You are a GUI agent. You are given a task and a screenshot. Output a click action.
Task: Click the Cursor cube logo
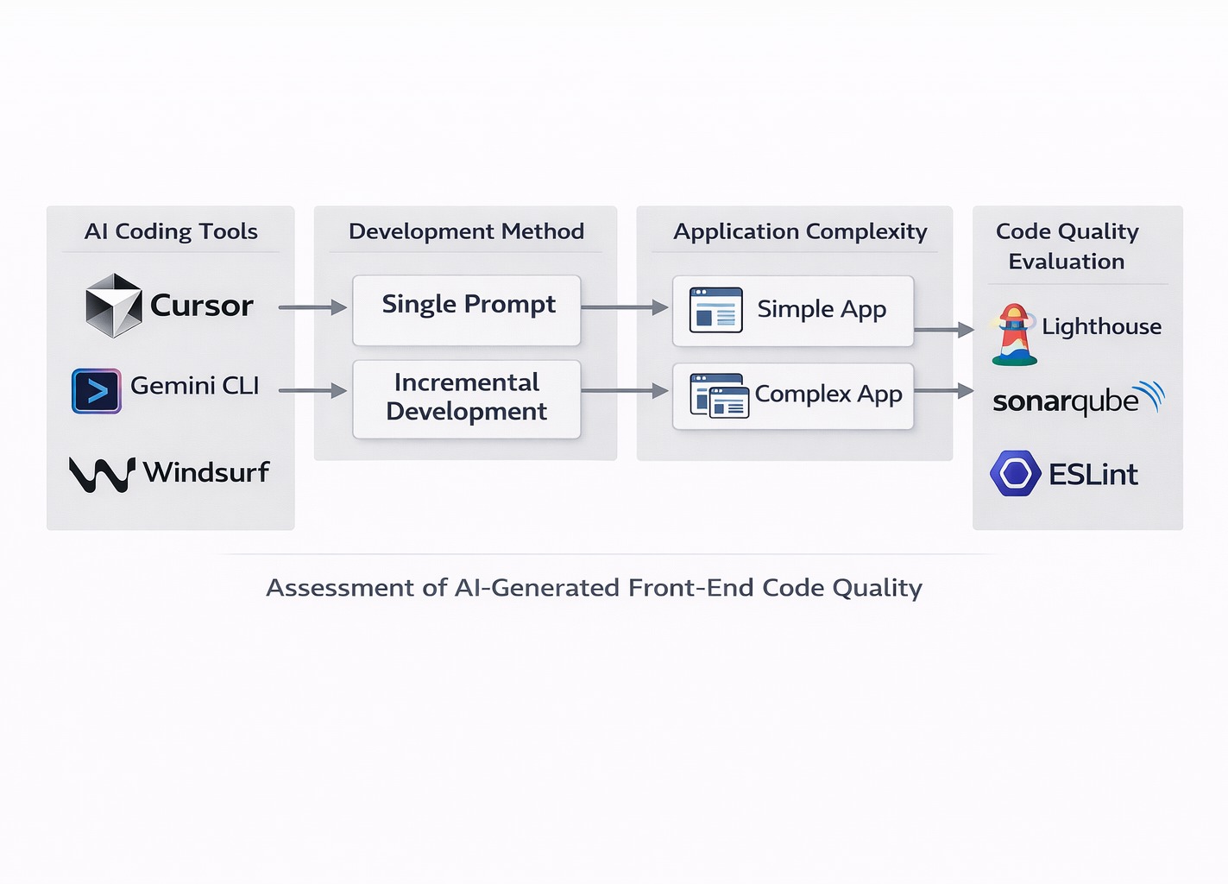tap(113, 306)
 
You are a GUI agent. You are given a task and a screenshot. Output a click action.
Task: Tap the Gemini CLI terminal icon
tap(97, 391)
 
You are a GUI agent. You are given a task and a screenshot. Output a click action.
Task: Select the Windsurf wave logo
tap(102, 474)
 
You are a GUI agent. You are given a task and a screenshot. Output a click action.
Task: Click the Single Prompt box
tap(467, 310)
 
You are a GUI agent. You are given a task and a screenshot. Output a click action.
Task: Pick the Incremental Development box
tap(467, 399)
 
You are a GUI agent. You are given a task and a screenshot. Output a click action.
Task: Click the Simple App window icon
tap(715, 310)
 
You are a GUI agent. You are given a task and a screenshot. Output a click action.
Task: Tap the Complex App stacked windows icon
tap(719, 396)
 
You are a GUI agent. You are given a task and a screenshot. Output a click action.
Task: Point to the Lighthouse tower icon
tap(1015, 334)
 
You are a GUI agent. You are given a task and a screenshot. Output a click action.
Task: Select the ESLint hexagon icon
tap(1015, 473)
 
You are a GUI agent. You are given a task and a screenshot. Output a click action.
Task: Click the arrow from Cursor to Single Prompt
tap(312, 307)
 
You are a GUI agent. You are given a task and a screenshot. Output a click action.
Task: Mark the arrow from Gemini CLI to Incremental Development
tap(312, 391)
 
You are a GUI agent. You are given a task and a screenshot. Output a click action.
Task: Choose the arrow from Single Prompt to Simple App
tap(625, 307)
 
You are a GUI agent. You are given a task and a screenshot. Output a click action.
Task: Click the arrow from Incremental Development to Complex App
tap(625, 391)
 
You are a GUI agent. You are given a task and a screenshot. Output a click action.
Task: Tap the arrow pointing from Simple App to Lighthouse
tap(943, 330)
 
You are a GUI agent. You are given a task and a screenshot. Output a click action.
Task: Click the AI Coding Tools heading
tap(171, 231)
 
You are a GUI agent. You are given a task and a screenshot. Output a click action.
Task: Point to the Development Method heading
tap(466, 231)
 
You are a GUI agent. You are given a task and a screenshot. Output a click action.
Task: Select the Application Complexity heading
tap(800, 231)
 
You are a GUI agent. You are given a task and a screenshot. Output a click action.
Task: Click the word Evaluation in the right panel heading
tap(1067, 262)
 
